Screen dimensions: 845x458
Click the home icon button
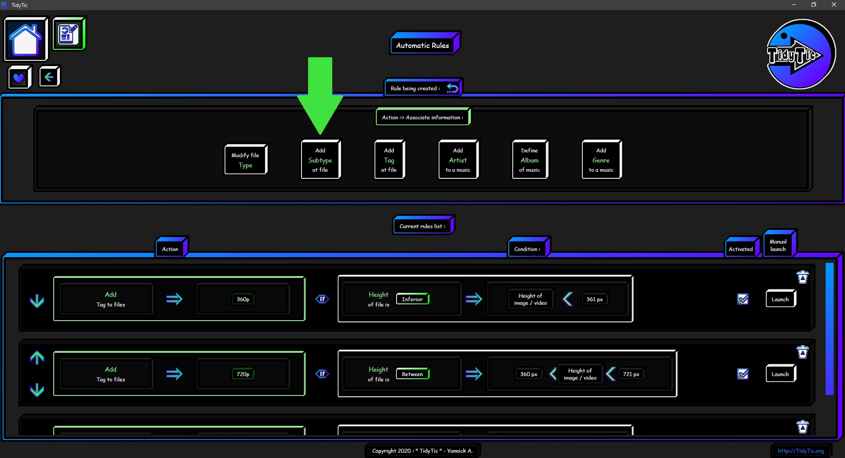pos(26,39)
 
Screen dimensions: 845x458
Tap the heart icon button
pos(19,78)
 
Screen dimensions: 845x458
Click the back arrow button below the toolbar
pos(49,77)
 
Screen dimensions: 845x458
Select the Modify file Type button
pos(246,160)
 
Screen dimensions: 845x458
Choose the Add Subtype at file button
pos(320,160)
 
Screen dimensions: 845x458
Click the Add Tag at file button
pos(389,160)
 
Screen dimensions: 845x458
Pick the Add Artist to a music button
pos(458,160)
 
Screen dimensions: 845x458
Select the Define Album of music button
pos(530,160)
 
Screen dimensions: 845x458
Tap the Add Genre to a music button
pos(602,160)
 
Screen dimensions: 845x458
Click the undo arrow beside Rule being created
pos(452,88)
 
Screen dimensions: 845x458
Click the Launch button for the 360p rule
pos(781,299)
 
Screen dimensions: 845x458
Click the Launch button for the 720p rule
pos(781,374)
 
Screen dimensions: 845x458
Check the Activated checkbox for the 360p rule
pos(743,299)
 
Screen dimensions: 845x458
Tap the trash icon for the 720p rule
pos(803,352)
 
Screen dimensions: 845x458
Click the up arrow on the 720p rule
pos(37,358)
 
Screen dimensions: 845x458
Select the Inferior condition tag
pos(413,299)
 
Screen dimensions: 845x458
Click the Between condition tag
pos(413,374)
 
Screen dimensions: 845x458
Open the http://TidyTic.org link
pos(801,451)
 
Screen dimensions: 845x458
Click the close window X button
pos(834,5)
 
